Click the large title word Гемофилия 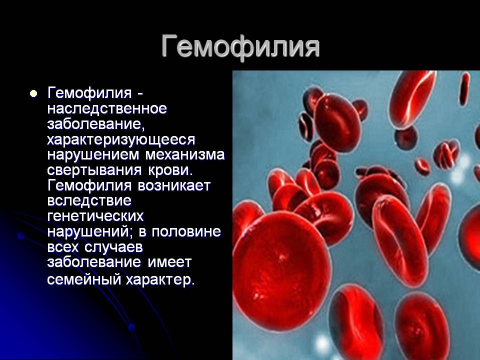click(240, 46)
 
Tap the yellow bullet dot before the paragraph click(33, 93)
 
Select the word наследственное click(107, 108)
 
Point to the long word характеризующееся click(121, 140)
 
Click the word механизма click(185, 154)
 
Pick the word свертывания click(94, 170)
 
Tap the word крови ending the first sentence click(170, 170)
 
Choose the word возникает click(174, 185)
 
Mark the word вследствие click(89, 201)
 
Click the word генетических click(95, 216)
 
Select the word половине click(186, 231)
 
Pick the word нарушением click(94, 154)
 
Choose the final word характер click(160, 279)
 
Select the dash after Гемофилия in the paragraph click(139, 93)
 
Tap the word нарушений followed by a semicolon click(90, 231)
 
